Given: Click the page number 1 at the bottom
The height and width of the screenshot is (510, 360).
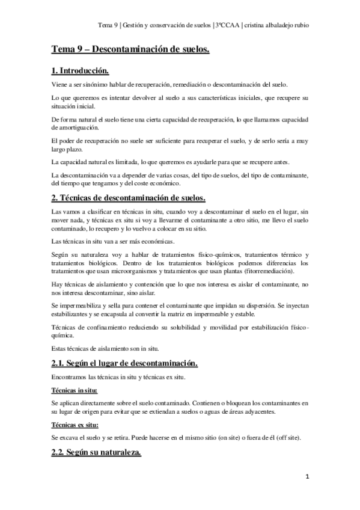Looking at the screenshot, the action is pyautogui.click(x=307, y=478).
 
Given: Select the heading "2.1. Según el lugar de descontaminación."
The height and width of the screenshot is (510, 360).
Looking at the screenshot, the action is pyautogui.click(x=124, y=364).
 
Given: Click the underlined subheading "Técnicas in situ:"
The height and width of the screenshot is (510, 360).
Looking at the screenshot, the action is pyautogui.click(x=75, y=390).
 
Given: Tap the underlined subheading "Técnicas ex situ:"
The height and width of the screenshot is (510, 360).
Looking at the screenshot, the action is pyautogui.click(x=76, y=425).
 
